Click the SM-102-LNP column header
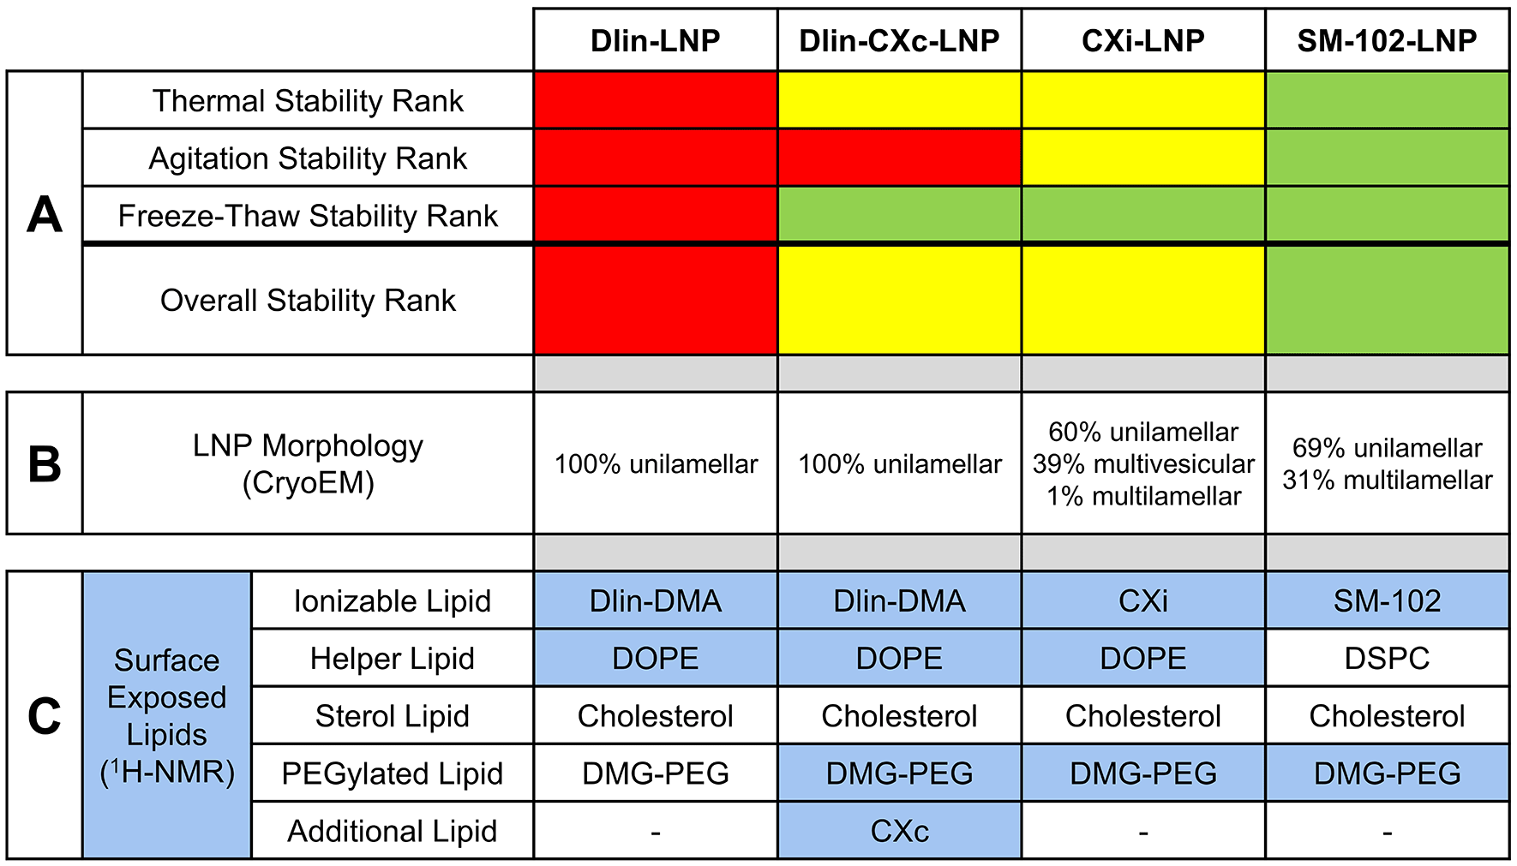coord(1386,40)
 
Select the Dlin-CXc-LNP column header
coord(899,40)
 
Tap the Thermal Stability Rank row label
coord(308,101)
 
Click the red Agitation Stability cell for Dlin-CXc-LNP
coord(899,158)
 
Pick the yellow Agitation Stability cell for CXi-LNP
coord(1142,158)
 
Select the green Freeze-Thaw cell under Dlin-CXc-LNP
coord(899,215)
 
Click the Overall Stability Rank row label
coord(308,301)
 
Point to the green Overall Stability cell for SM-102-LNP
coord(1386,301)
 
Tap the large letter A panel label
coord(45,214)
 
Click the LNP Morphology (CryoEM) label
coord(308,463)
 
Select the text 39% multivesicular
coord(1142,463)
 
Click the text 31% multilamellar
coord(1386,480)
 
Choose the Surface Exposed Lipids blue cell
coord(166,715)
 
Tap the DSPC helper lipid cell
coord(1386,658)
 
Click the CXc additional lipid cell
coord(899,831)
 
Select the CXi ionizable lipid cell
coord(1142,600)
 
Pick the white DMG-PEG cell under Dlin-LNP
coord(656,773)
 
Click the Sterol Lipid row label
coord(392,715)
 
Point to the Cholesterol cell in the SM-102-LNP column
coord(1386,715)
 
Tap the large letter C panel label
coord(45,715)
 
